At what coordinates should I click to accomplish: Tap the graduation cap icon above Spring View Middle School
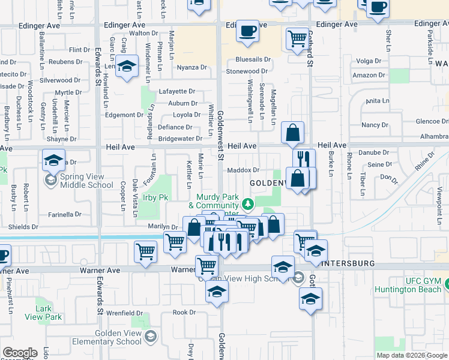coord(53,161)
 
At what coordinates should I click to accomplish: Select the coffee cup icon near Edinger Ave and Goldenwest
coord(247,31)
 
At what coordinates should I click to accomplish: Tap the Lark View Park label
coord(48,313)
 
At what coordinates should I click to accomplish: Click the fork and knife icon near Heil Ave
coord(304,159)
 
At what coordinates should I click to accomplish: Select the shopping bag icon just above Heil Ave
coord(292,133)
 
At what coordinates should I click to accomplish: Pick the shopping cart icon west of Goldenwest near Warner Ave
coord(145,253)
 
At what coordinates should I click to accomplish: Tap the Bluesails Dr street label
coord(253,60)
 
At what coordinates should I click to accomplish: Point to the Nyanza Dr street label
coord(191,68)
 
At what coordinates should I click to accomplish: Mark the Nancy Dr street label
coord(375,125)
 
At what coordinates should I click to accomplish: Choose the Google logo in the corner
coord(20,353)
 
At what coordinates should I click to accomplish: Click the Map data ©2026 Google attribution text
coord(411,355)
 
